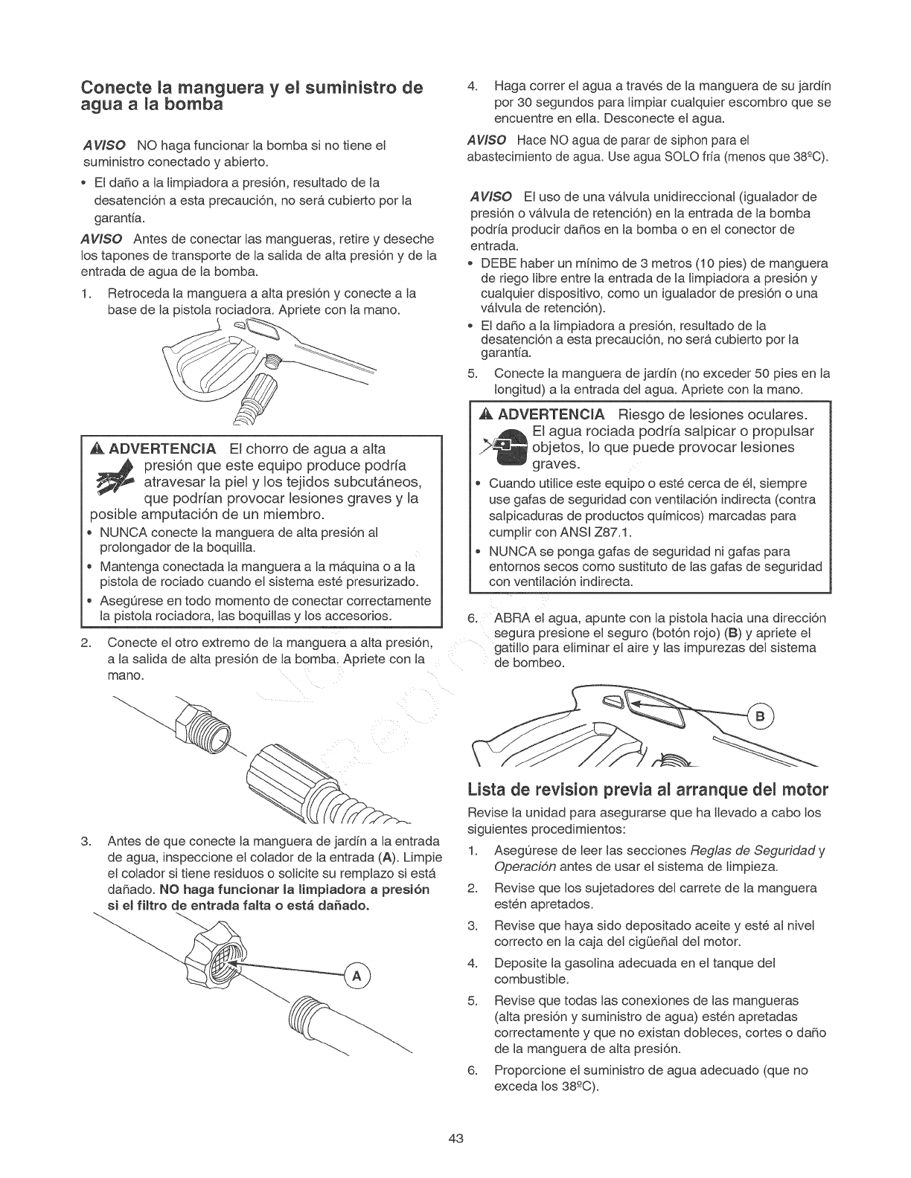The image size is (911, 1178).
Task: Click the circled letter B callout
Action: [761, 717]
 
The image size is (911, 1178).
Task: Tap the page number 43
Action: [456, 1139]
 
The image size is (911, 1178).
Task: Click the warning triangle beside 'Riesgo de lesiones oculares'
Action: [488, 414]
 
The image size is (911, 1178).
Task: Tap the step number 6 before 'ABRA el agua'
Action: [471, 619]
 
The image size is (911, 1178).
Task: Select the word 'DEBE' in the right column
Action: [499, 263]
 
